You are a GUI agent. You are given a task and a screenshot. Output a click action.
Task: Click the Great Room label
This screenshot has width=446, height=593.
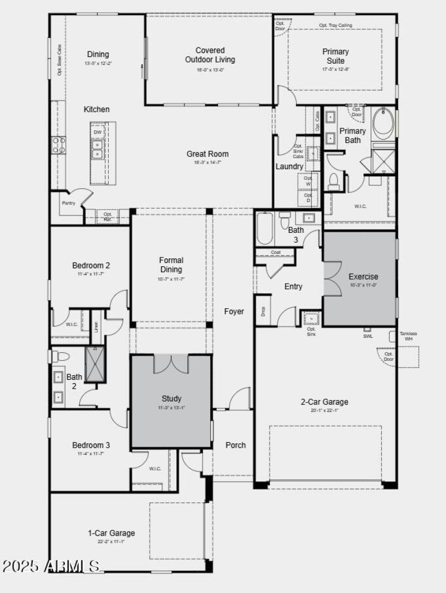pyautogui.click(x=207, y=154)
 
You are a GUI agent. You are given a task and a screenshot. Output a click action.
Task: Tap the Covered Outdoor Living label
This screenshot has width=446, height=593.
pyautogui.click(x=210, y=55)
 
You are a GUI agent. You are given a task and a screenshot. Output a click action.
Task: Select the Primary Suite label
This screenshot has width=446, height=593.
pyautogui.click(x=336, y=56)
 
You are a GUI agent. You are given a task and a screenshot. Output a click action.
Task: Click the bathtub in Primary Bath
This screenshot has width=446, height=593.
pyautogui.click(x=383, y=123)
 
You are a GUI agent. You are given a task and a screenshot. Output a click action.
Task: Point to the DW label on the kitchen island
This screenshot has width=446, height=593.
pyautogui.click(x=98, y=132)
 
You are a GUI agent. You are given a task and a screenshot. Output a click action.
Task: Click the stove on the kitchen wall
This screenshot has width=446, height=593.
pyautogui.click(x=59, y=145)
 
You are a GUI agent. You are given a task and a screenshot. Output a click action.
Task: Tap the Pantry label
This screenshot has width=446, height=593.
pyautogui.click(x=69, y=203)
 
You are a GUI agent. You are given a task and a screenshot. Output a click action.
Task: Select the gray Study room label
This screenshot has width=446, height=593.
pyautogui.click(x=171, y=399)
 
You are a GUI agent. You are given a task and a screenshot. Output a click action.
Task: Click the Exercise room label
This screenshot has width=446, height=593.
pyautogui.click(x=363, y=276)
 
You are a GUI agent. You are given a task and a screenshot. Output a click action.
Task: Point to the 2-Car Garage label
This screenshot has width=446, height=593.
pyautogui.click(x=324, y=401)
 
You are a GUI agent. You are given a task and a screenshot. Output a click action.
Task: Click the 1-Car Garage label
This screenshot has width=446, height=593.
pyautogui.click(x=111, y=533)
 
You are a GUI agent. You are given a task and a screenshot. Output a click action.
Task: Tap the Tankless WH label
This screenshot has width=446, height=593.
pyautogui.click(x=409, y=336)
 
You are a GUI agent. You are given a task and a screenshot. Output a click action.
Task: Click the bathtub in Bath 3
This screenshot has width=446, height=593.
pyautogui.click(x=265, y=228)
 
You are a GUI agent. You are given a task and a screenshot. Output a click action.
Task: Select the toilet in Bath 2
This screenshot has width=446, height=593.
pyautogui.click(x=60, y=356)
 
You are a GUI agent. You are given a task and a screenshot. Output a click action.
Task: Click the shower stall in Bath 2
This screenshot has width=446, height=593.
pyautogui.click(x=94, y=364)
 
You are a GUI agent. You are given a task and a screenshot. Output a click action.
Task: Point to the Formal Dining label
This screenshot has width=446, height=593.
pyautogui.click(x=171, y=265)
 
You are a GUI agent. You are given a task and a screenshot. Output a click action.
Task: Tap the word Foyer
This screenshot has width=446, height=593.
pyautogui.click(x=234, y=311)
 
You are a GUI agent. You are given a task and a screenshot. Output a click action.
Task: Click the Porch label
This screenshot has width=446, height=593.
pyautogui.click(x=235, y=445)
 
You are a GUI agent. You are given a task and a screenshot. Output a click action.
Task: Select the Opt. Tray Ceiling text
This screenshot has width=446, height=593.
pyautogui.click(x=335, y=25)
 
